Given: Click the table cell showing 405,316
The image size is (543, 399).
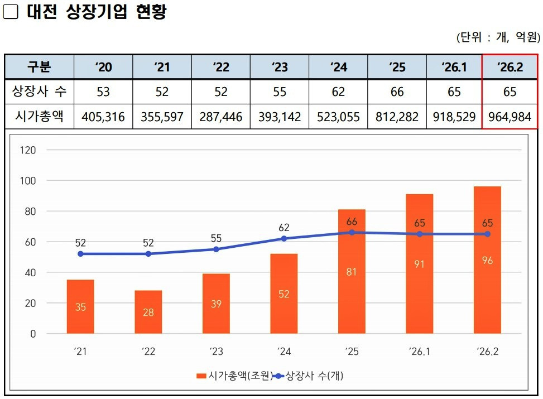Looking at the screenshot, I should (x=103, y=117).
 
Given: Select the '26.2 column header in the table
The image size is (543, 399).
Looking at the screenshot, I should (x=510, y=67).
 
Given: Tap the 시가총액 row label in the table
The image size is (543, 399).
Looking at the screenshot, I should (x=39, y=117).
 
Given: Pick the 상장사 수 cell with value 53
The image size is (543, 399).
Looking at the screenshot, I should (x=103, y=92).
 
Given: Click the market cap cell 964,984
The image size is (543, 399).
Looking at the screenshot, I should (x=510, y=117).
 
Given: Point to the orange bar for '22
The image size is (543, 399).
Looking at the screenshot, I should (x=148, y=312).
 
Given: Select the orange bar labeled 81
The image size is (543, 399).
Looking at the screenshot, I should (x=352, y=272).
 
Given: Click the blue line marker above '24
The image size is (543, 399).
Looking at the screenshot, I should (x=284, y=238).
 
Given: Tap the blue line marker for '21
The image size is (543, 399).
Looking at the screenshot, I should (x=80, y=254).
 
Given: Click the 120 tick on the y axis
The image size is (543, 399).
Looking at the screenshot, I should (x=27, y=150).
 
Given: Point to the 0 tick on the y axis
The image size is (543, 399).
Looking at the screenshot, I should (x=33, y=334).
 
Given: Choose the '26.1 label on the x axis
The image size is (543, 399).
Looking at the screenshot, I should (x=420, y=352).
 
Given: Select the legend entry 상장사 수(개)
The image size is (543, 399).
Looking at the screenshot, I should (x=313, y=376).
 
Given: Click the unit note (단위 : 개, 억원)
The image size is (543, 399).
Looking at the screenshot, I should (x=498, y=37).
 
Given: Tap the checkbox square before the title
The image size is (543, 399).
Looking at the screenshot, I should (x=11, y=12).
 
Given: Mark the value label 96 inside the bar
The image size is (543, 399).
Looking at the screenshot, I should (x=487, y=261).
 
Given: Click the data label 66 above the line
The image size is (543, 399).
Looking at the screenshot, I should (x=352, y=222).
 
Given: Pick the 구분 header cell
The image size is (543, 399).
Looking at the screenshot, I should (x=39, y=67).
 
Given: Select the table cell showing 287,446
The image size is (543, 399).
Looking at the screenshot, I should (x=221, y=117).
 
